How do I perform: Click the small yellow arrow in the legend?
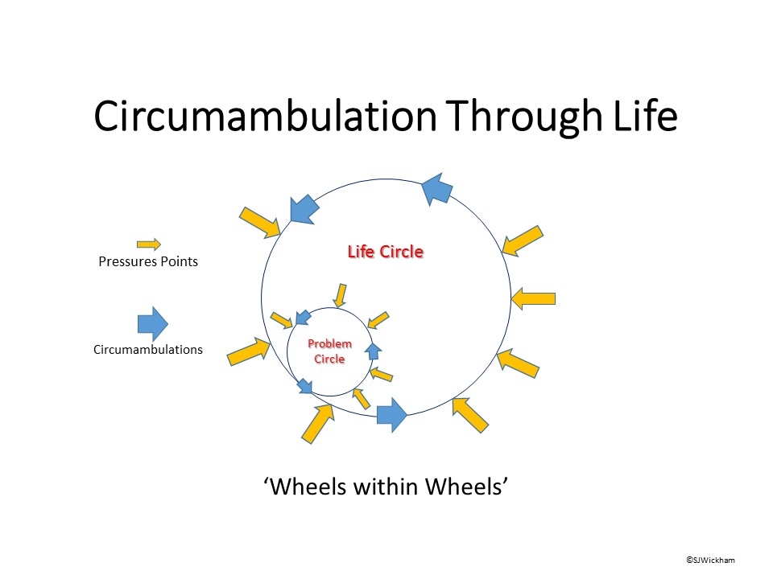(x=148, y=244)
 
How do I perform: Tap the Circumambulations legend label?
(x=148, y=350)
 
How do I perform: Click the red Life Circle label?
(x=385, y=252)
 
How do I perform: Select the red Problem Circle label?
(x=329, y=351)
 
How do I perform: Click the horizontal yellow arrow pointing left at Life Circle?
(x=534, y=298)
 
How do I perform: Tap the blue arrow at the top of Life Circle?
(x=436, y=189)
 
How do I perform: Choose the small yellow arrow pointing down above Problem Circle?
(x=341, y=295)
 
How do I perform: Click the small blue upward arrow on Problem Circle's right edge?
(x=372, y=351)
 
